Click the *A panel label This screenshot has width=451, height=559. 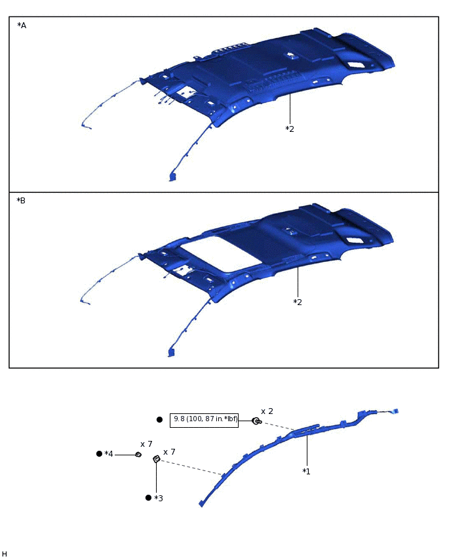22,26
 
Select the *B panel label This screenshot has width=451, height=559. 22,200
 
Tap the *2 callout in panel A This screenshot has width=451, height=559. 290,129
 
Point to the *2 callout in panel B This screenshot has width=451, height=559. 298,302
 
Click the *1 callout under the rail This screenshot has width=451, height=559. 306,471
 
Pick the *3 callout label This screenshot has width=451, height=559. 158,498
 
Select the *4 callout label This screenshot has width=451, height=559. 109,454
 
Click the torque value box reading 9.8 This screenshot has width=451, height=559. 204,419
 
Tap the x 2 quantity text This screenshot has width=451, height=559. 267,411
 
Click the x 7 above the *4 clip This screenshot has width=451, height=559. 146,444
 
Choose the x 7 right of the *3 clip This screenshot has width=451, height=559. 169,452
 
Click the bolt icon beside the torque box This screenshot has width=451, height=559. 256,421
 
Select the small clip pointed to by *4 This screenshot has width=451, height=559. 138,454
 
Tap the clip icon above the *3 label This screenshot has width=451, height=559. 156,459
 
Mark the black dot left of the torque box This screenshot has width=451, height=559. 159,419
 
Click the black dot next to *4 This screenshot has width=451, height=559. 99,454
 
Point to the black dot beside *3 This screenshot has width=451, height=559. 148,498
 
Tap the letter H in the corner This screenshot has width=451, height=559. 5,554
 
